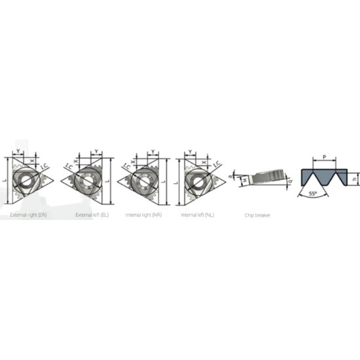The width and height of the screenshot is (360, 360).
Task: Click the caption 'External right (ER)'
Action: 28,215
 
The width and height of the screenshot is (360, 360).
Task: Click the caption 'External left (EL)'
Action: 92,215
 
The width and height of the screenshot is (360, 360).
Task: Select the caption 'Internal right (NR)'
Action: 144,215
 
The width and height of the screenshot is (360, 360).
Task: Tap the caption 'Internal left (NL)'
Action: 198,215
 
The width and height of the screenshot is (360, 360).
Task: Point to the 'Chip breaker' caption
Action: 257,215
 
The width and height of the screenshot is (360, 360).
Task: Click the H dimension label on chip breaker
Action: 243,180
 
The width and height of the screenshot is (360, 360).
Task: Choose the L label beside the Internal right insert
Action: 166,177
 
